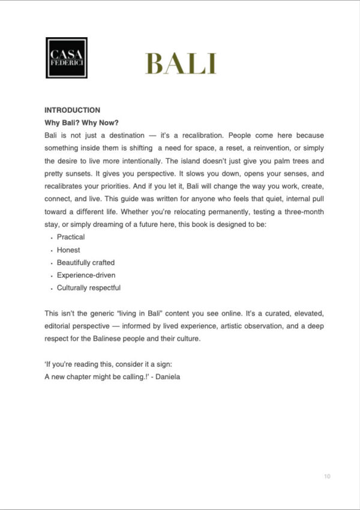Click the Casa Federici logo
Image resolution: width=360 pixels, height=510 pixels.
click(67, 58)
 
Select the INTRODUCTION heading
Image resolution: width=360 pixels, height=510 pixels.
click(72, 110)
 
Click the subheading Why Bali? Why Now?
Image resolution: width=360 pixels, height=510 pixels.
click(82, 123)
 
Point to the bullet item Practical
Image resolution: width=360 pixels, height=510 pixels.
click(71, 237)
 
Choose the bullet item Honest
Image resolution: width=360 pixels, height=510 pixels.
click(68, 250)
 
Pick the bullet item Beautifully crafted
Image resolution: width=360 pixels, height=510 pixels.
click(86, 262)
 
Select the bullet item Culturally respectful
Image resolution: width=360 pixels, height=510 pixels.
click(89, 287)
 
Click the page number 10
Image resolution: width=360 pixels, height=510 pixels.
click(327, 476)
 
